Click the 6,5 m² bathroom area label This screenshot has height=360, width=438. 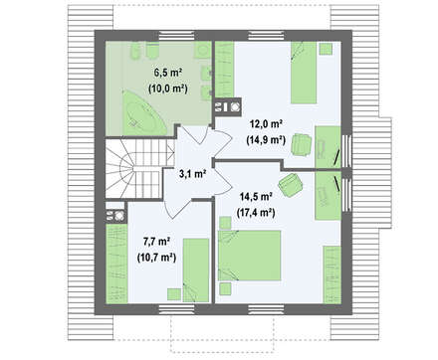point(168,73)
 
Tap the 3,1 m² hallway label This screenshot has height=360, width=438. point(193,174)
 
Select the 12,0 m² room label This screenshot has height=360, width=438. point(266,124)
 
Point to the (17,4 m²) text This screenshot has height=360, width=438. point(256,212)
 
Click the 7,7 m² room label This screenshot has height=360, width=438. point(156,242)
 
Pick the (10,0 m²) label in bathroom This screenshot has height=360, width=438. point(168,89)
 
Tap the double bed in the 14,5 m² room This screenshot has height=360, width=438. point(250,256)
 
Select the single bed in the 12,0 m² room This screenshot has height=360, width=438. point(304,73)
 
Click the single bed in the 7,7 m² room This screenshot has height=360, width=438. point(196,270)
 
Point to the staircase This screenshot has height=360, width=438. point(140,168)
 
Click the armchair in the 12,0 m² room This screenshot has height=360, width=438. point(302,144)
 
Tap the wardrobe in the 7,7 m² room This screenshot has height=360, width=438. point(116,264)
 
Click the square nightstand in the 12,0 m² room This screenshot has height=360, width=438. point(326,49)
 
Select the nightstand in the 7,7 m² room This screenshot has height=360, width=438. point(174,294)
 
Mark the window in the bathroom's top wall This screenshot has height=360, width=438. point(176,36)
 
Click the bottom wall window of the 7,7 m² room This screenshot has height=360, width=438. point(176,309)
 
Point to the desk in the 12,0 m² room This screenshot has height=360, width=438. point(328,147)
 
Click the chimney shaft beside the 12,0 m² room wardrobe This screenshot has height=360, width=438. point(227,107)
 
